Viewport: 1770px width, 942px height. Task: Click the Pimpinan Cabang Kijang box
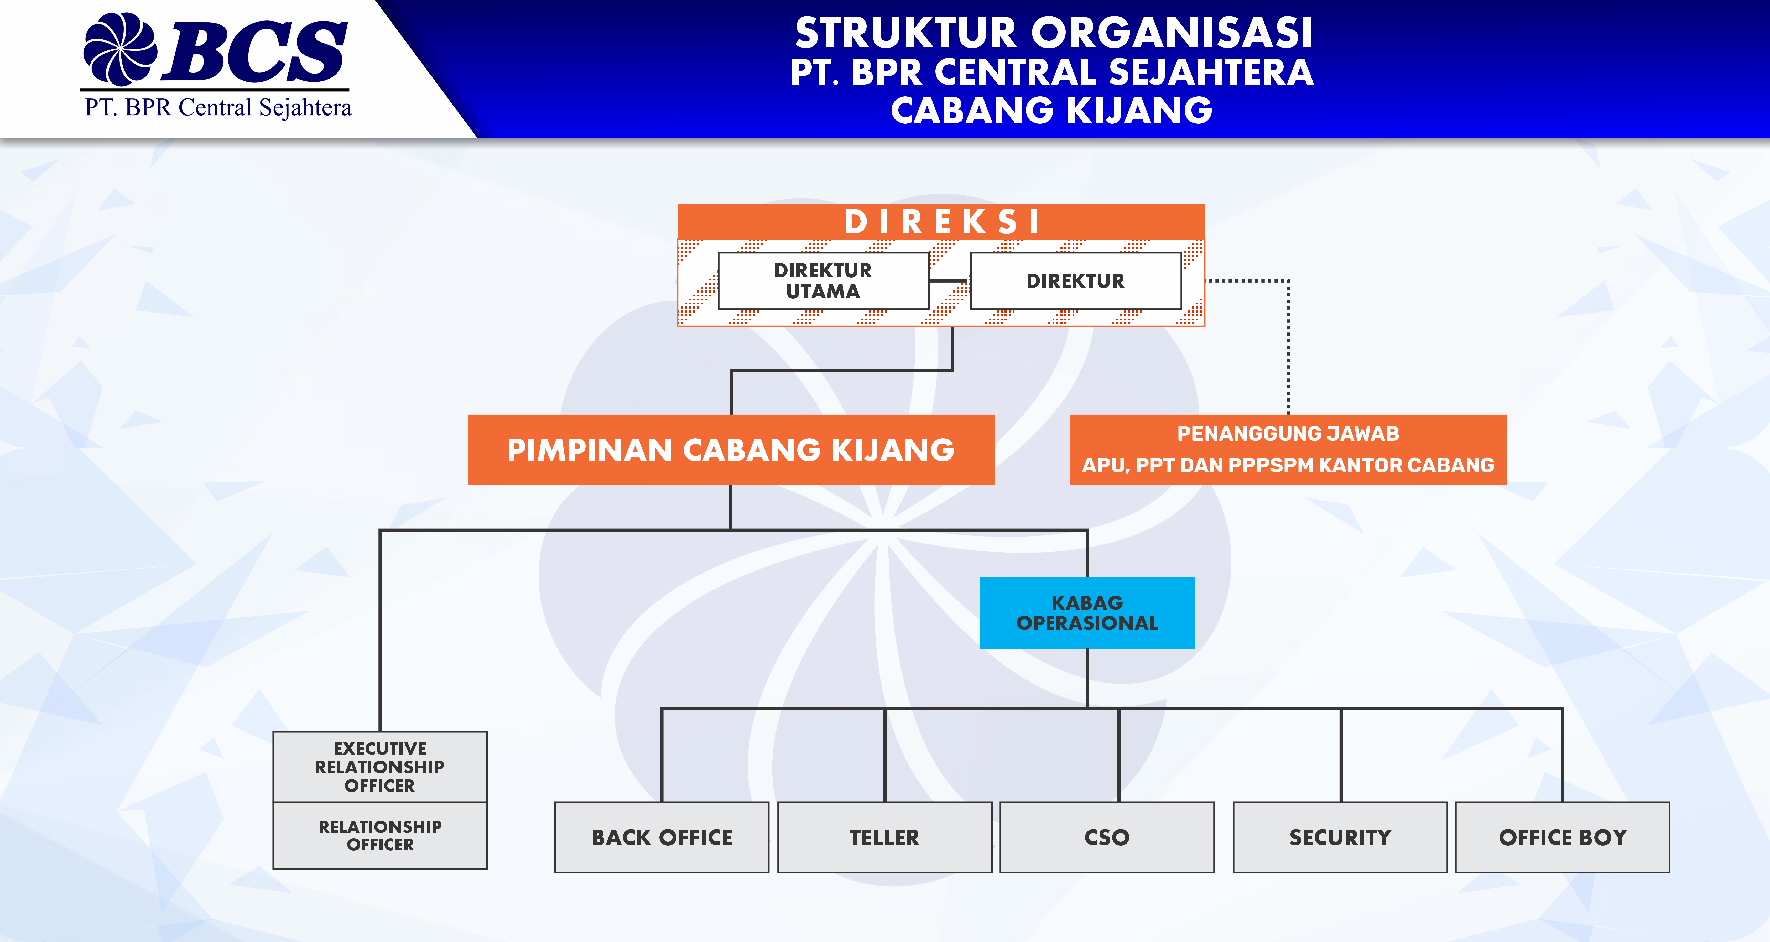[x=730, y=450]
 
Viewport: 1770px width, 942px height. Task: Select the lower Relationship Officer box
[x=380, y=835]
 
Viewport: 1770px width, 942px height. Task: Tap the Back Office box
[x=662, y=837]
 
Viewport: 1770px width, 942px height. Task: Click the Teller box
[x=884, y=837]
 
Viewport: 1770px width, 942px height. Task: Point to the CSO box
[x=1107, y=837]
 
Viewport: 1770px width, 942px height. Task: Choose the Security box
[x=1340, y=837]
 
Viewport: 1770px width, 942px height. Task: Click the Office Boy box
[x=1563, y=837]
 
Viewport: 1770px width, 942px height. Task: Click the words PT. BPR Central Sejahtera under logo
[x=218, y=108]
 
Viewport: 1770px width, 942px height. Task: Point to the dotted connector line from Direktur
[x=1288, y=344]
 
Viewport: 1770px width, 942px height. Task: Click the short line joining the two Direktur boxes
[x=949, y=280]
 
